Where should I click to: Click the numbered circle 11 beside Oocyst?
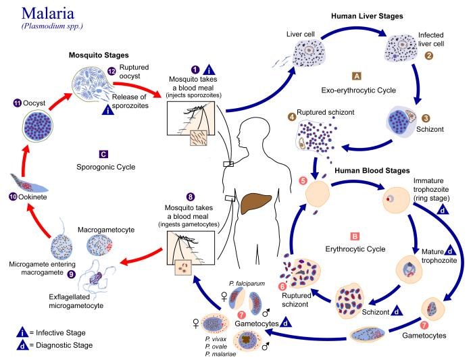click(18, 103)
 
